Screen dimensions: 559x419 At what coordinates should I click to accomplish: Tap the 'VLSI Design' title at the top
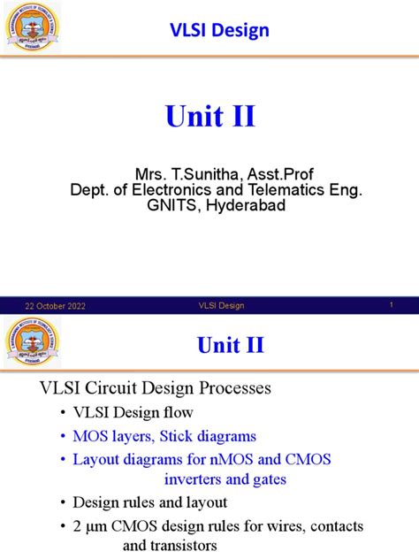tap(219, 31)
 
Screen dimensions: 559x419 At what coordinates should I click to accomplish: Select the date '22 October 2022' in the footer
tap(55, 306)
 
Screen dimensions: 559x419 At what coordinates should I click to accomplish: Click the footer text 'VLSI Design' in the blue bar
tap(220, 306)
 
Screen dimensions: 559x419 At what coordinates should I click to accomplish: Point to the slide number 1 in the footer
tap(391, 305)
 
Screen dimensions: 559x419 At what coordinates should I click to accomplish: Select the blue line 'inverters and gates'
tap(225, 479)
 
